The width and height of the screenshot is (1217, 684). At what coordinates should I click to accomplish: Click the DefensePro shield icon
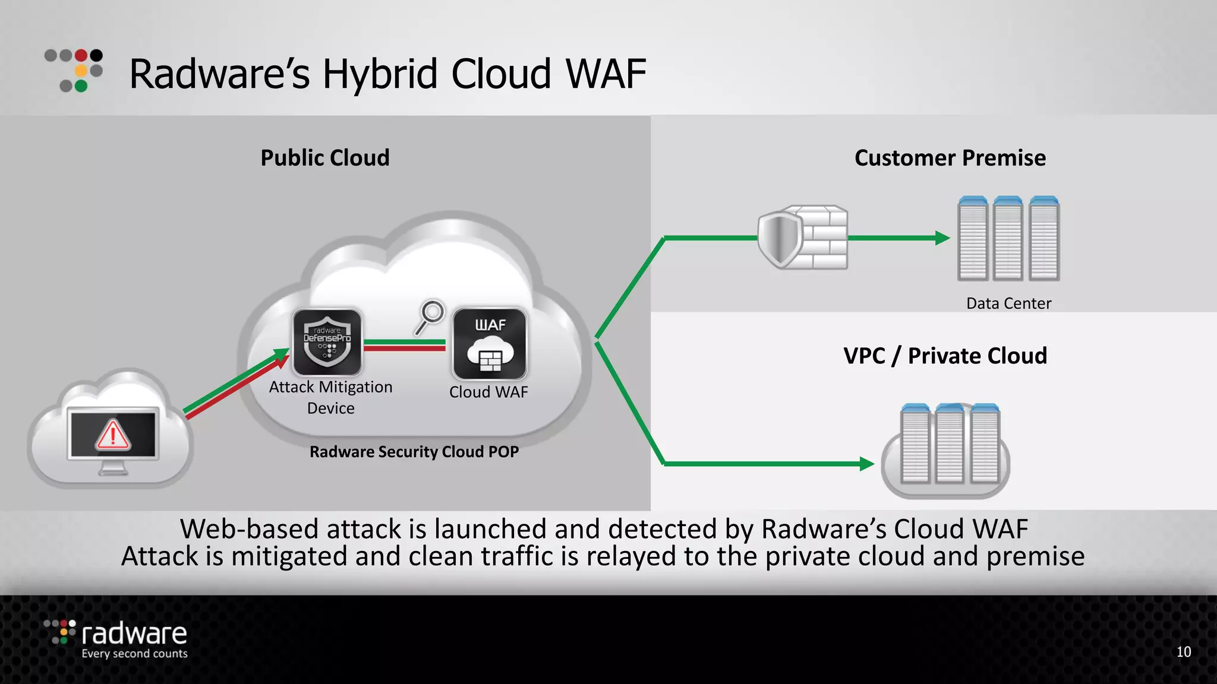327,343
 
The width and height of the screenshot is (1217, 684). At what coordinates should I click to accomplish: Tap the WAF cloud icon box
490,344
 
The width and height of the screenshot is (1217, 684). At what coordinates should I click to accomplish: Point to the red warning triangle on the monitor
113,435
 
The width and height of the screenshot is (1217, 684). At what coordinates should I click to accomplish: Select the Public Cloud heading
325,158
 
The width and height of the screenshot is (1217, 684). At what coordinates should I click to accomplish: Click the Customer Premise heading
950,158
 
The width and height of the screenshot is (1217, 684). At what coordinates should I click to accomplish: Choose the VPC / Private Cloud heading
945,356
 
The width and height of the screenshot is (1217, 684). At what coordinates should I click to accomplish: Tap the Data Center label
1008,303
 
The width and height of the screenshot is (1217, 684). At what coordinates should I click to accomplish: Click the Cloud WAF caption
488,392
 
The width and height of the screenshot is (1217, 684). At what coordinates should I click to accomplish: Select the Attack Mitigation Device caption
330,397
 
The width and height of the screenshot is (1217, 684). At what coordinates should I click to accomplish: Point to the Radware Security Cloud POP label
414,452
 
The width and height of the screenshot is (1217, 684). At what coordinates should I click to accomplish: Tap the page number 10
1183,652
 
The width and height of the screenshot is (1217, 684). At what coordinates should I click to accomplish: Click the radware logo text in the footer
134,634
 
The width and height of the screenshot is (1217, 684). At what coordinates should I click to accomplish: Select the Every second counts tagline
134,654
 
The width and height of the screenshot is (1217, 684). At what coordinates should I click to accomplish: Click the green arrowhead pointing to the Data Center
942,238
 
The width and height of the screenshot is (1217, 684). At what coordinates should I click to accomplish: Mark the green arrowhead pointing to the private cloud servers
866,464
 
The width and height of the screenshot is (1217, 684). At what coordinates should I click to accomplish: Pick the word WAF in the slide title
606,74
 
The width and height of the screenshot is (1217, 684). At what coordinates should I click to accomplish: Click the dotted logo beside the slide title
74,70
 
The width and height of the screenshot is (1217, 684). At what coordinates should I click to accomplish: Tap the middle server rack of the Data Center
1008,239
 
